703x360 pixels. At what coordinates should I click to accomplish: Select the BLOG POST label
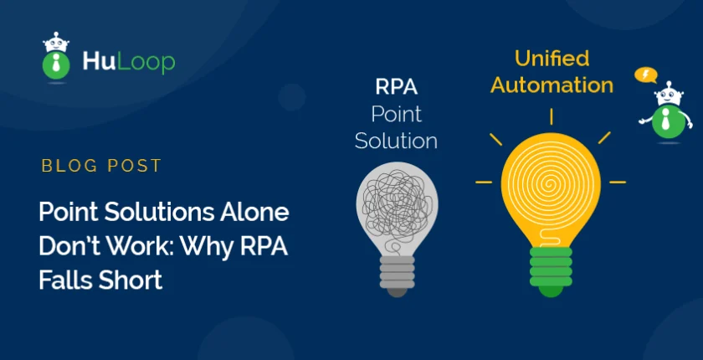(x=101, y=166)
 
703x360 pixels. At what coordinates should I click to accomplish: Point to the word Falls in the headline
(x=65, y=280)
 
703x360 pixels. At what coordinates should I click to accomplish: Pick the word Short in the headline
(x=131, y=280)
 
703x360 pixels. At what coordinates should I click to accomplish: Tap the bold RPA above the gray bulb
(x=397, y=88)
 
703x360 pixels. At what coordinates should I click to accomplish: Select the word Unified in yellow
(x=552, y=59)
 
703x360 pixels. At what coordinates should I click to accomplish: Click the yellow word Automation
(x=552, y=85)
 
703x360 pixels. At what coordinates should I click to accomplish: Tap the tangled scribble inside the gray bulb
(x=397, y=204)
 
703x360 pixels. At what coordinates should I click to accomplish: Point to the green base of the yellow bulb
(x=551, y=270)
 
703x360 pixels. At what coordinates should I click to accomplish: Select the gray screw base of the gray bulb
(x=397, y=275)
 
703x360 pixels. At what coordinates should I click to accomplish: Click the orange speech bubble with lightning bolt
(x=645, y=75)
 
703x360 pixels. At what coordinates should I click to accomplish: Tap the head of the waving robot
(x=669, y=94)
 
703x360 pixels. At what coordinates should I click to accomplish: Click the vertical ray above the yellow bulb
(x=551, y=116)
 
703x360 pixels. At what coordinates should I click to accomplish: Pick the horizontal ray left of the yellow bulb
(x=484, y=182)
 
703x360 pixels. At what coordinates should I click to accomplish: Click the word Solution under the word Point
(x=396, y=141)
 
